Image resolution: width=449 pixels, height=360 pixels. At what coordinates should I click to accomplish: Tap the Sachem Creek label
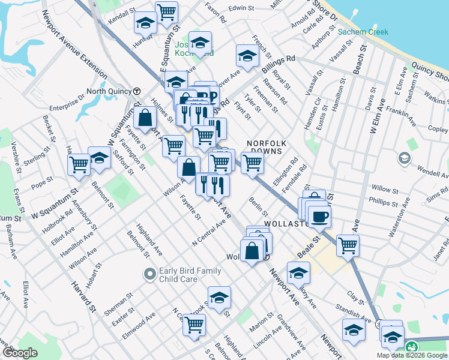click(x=363, y=32)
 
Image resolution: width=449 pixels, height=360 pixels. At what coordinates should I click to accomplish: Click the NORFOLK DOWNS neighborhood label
click(x=267, y=147)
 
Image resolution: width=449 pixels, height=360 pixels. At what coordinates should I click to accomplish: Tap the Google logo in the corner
click(x=20, y=353)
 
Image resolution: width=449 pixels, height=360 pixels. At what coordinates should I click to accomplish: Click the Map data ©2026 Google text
click(x=412, y=355)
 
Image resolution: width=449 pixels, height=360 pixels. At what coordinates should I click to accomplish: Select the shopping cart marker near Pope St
click(x=79, y=164)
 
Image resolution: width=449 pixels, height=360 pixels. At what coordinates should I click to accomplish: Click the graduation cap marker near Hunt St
click(x=145, y=22)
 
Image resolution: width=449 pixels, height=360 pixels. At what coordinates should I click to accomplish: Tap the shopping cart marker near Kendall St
click(x=166, y=11)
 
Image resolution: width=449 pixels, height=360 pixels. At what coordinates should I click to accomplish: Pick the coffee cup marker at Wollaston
click(x=319, y=215)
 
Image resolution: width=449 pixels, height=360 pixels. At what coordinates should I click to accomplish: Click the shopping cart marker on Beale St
click(x=348, y=245)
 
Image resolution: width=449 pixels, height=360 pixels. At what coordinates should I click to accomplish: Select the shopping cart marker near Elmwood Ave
click(x=194, y=325)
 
